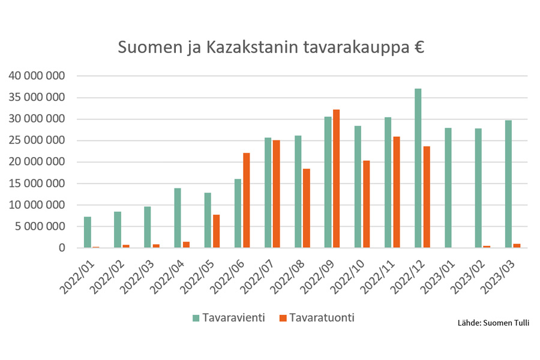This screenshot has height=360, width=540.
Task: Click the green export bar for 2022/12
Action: click(x=418, y=168)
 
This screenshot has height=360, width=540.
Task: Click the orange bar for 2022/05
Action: click(x=216, y=231)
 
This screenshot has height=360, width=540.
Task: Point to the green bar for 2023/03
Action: click(x=508, y=184)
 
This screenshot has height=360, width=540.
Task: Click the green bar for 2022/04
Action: click(x=178, y=218)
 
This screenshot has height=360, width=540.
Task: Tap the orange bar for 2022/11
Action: click(x=396, y=192)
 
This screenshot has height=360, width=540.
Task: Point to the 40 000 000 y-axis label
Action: click(x=37, y=76)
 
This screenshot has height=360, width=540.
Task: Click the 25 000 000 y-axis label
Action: click(x=37, y=140)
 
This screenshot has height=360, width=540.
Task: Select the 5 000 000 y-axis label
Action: click(x=40, y=227)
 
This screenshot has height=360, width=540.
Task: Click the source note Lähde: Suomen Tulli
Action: click(x=493, y=323)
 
